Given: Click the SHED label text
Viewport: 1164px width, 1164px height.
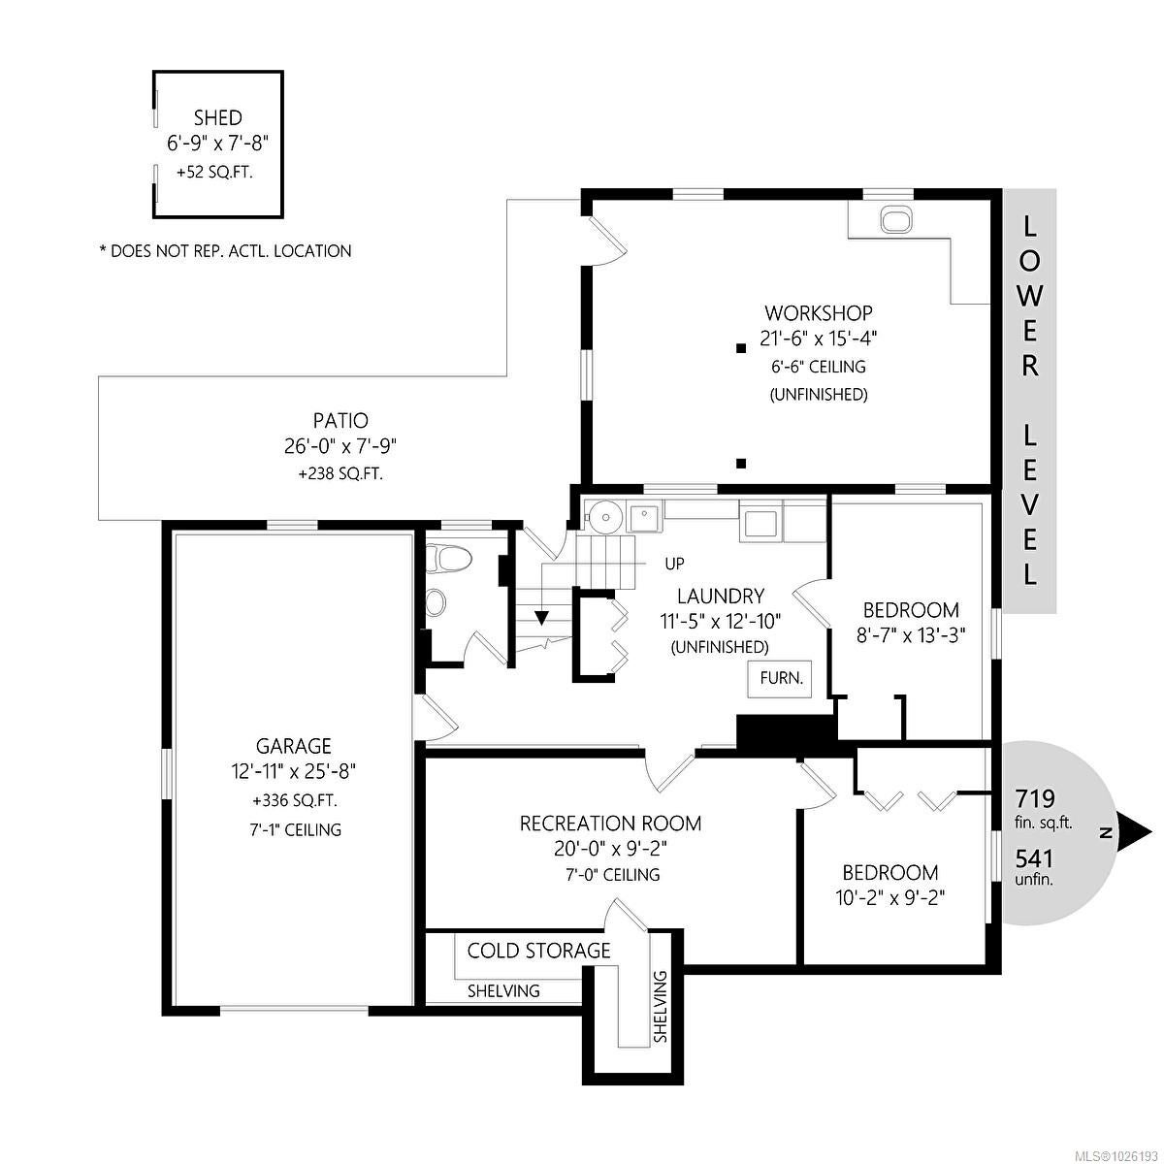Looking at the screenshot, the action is tap(217, 117).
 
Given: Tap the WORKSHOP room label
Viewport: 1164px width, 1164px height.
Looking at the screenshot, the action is tap(819, 313).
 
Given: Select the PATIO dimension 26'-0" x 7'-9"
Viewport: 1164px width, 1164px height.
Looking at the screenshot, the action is tap(340, 446).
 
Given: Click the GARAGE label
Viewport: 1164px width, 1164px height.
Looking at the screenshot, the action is tap(294, 746).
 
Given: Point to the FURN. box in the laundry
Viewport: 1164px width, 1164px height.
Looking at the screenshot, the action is tap(781, 678).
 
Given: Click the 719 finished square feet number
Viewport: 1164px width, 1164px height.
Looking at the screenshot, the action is tap(1035, 798).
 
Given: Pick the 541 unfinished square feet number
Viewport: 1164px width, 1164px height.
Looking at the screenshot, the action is tap(1034, 857).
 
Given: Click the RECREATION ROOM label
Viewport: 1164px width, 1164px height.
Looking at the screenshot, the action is tap(611, 824).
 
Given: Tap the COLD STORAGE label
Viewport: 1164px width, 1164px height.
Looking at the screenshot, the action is tap(538, 951).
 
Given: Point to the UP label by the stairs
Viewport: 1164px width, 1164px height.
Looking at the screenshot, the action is tap(675, 564).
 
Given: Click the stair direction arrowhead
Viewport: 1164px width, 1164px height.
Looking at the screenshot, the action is tap(542, 618).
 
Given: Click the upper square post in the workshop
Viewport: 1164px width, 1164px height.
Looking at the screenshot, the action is tap(740, 348).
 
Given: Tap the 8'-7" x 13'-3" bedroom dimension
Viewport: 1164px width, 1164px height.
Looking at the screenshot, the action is tap(911, 636).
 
